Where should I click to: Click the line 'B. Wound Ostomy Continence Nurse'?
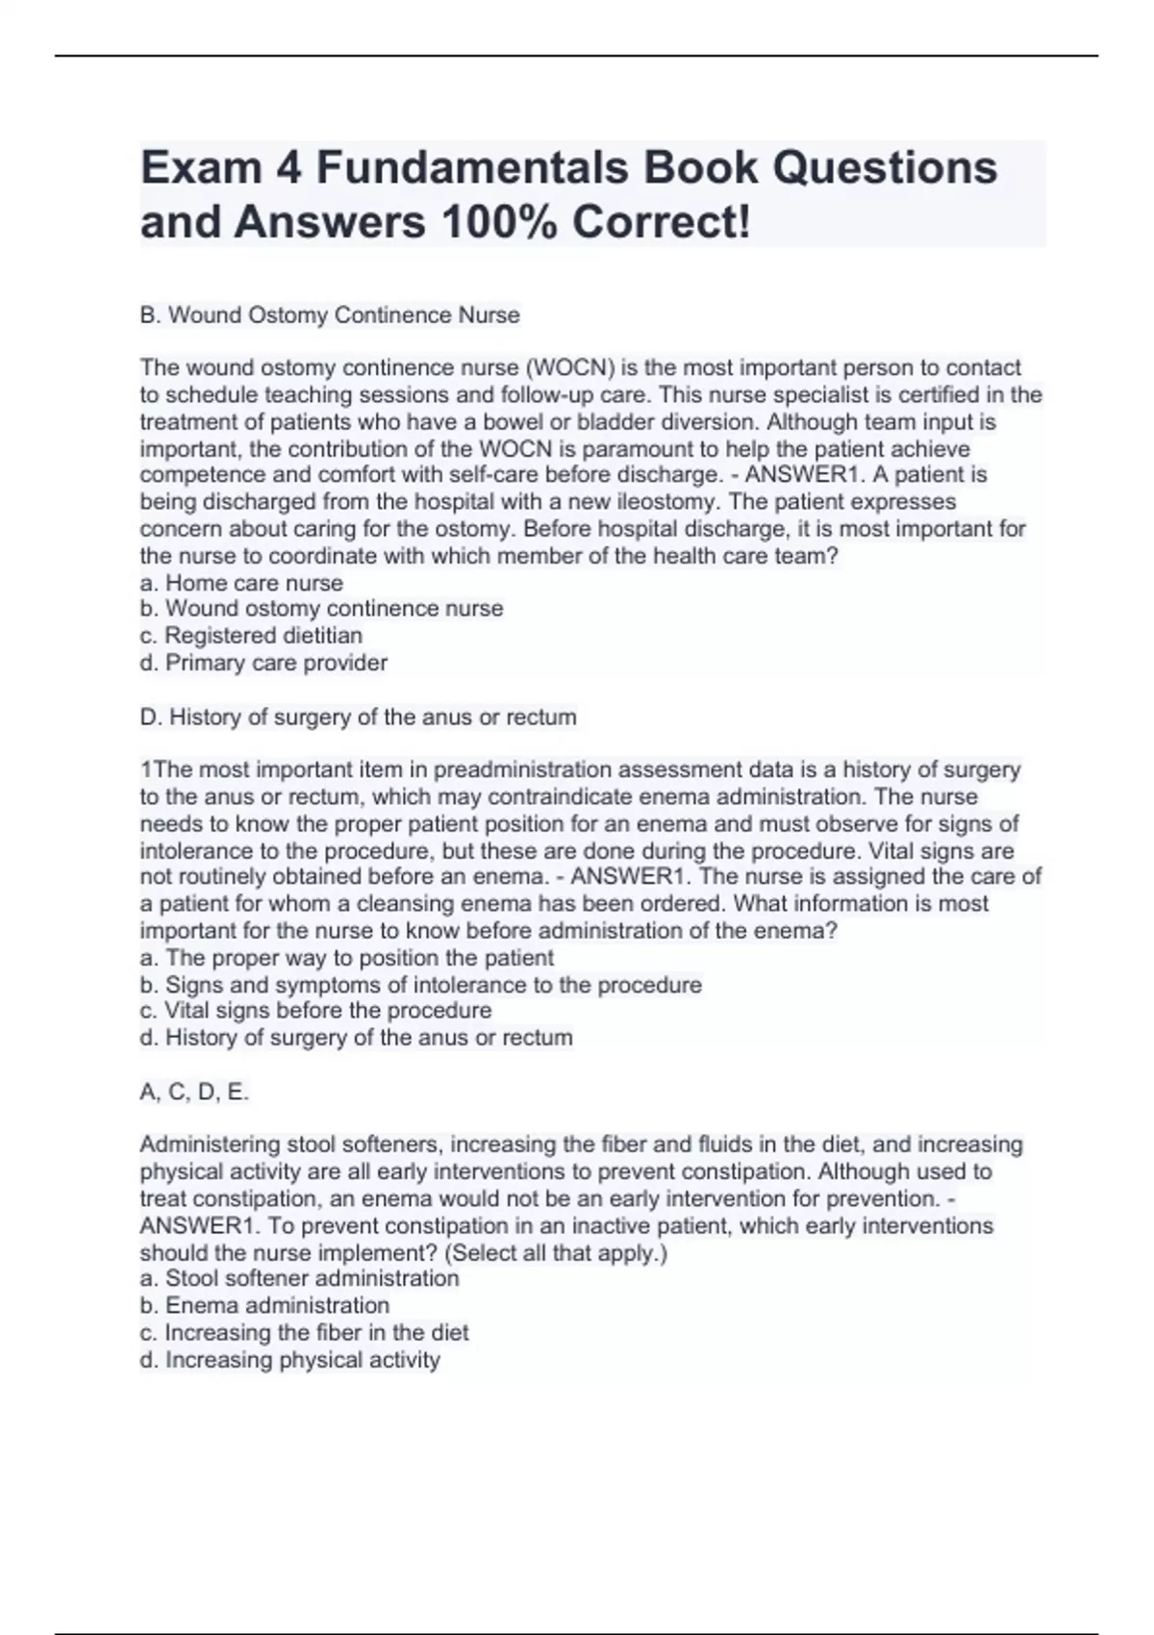(330, 315)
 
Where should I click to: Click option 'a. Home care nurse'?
(241, 583)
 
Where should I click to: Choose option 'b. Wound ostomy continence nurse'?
(321, 609)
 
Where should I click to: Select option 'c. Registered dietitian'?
(251, 636)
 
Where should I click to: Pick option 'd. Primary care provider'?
(263, 663)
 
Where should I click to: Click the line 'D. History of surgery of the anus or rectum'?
(358, 717)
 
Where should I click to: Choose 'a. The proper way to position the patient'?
(346, 958)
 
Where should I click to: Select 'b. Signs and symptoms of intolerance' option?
(420, 985)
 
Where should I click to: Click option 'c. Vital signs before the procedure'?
(315, 1011)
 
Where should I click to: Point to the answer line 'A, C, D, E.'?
(194, 1092)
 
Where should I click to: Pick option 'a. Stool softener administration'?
(299, 1278)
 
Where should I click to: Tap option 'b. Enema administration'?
(264, 1305)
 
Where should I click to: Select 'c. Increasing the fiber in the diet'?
(304, 1333)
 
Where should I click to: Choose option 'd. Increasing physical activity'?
(289, 1360)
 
